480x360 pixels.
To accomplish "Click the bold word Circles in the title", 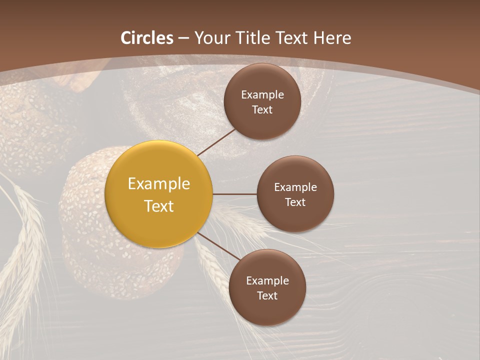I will click(147, 38).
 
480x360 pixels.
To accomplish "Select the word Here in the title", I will click(332, 38).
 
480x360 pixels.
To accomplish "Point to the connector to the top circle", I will click(216, 142).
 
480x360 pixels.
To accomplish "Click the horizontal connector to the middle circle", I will click(234, 194).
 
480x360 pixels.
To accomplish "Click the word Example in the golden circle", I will click(159, 184).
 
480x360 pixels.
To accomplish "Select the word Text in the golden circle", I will click(159, 206).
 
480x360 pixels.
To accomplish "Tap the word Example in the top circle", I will click(262, 94).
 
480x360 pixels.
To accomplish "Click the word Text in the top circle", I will click(262, 109).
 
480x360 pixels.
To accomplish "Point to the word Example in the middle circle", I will click(295, 187).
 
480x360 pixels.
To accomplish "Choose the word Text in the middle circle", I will click(295, 202).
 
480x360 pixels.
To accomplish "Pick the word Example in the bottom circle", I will click(267, 280).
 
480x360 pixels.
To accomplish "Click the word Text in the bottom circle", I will click(267, 295).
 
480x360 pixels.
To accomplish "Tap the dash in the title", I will click(183, 38).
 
